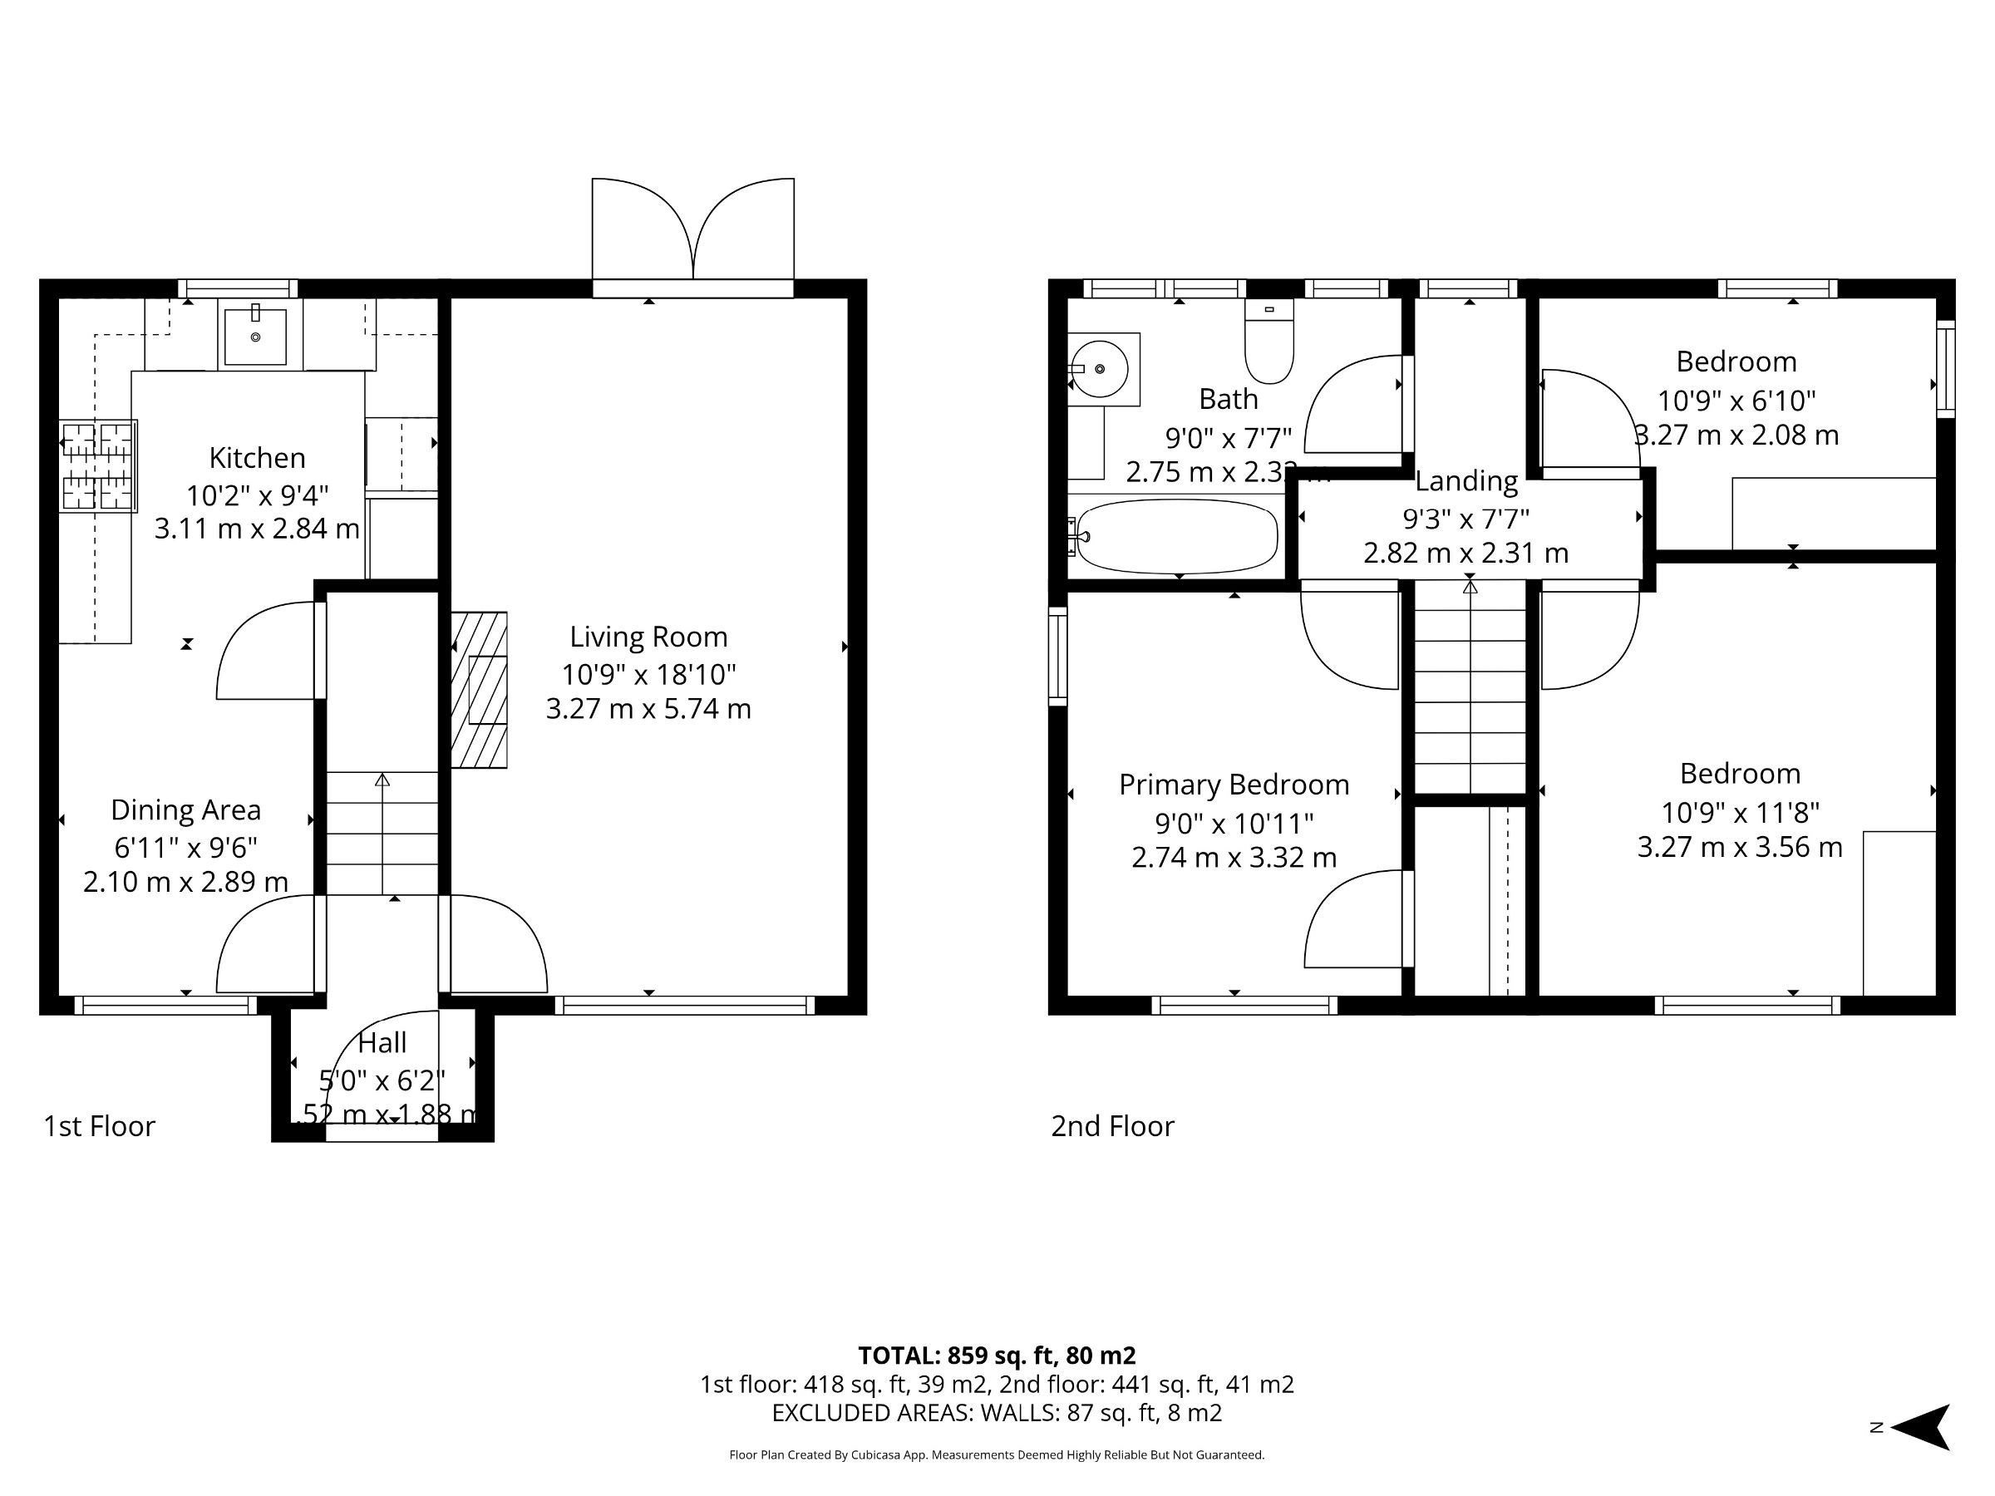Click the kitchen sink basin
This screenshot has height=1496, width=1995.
click(x=255, y=337)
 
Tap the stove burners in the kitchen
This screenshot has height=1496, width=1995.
click(x=97, y=466)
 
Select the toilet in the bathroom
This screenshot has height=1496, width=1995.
click(x=1269, y=342)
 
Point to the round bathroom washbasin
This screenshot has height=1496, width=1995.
click(x=1100, y=369)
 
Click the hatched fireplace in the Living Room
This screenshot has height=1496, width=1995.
click(x=480, y=690)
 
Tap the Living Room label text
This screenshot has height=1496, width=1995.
click(x=648, y=637)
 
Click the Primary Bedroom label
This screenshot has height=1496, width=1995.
click(x=1234, y=785)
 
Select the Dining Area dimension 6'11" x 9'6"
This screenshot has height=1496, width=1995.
click(x=186, y=848)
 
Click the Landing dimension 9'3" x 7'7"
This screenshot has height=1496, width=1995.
click(x=1465, y=519)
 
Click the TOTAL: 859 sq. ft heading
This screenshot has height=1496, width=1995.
click(x=997, y=1356)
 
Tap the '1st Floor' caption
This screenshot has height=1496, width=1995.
click(x=99, y=1126)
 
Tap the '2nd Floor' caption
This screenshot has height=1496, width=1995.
click(x=1112, y=1126)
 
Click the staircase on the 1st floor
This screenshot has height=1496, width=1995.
click(x=382, y=834)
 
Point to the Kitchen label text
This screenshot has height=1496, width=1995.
click(x=257, y=458)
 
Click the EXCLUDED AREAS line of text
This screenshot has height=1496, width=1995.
click(x=997, y=1413)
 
